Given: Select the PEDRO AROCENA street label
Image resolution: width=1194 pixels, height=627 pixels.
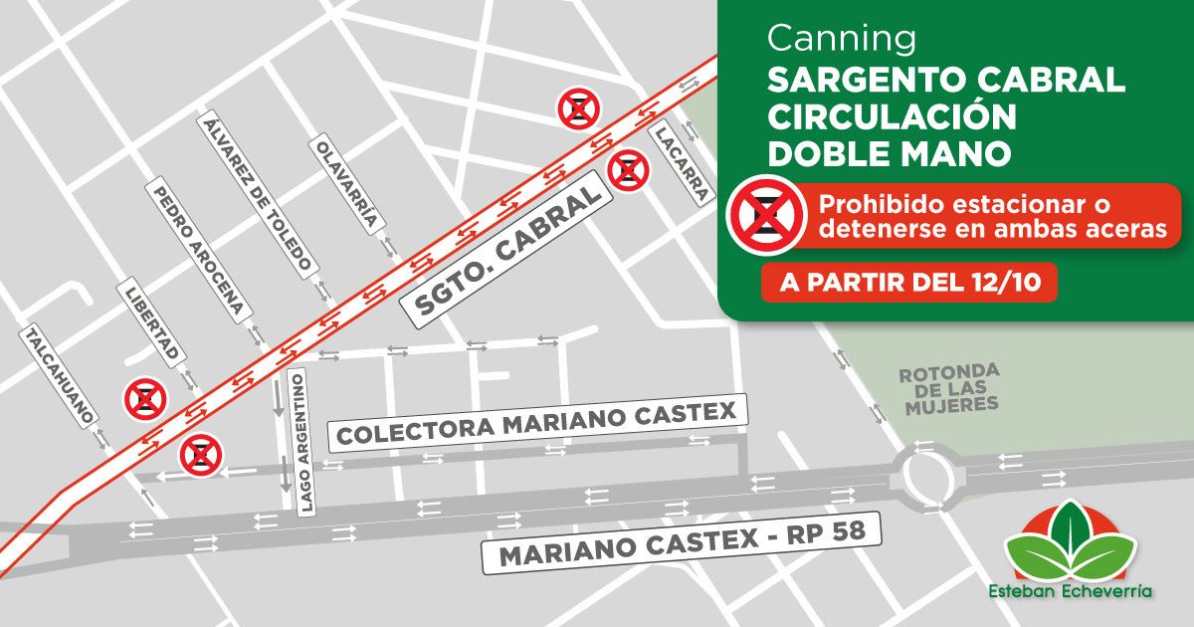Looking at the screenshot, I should tap(196, 250).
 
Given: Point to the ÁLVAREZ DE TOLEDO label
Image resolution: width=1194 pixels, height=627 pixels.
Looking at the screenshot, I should tap(258, 193).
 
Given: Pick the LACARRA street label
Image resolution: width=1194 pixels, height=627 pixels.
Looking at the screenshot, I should tap(682, 164).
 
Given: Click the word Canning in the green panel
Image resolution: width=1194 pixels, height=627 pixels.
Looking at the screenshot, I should tap(842, 39).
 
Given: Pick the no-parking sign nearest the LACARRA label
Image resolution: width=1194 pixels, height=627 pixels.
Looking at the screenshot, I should tap(629, 169).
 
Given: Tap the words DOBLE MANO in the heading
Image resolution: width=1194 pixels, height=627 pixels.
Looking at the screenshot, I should tap(889, 153).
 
